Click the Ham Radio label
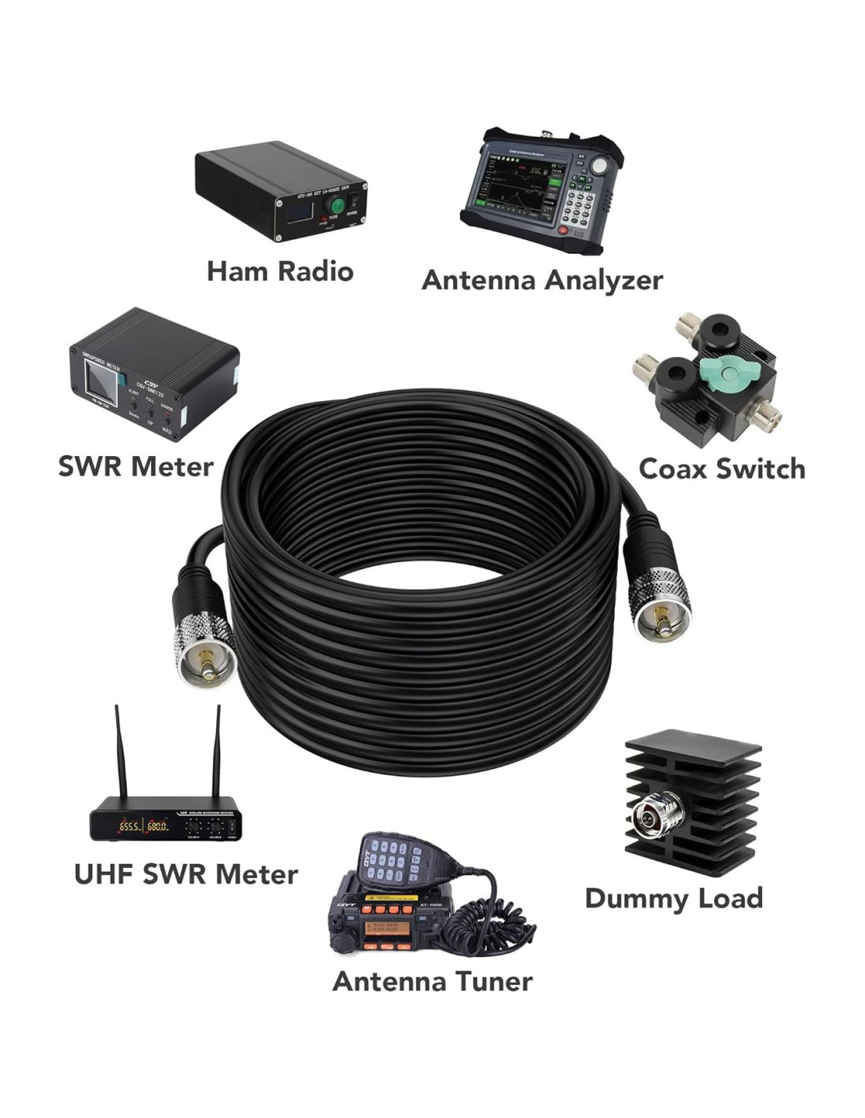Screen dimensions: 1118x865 point(280,271)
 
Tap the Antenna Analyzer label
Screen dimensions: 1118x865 point(542,280)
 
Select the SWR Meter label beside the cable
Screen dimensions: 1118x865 point(135,466)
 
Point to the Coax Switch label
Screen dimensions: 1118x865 point(722,469)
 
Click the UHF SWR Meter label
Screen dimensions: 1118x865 point(186,874)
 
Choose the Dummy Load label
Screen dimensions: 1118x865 point(674,898)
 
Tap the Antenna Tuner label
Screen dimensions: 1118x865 point(432,981)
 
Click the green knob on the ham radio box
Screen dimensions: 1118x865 point(337,206)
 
